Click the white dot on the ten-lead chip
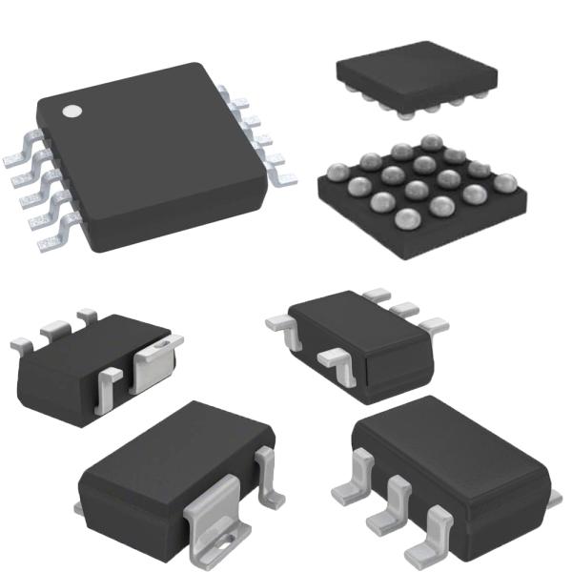[71, 112]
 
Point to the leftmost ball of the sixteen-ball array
[336, 173]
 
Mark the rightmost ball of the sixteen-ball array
[505, 180]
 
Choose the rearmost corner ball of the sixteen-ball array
[432, 142]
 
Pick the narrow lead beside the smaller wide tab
[109, 386]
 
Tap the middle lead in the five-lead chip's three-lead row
[409, 309]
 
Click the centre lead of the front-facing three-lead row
[392, 506]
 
